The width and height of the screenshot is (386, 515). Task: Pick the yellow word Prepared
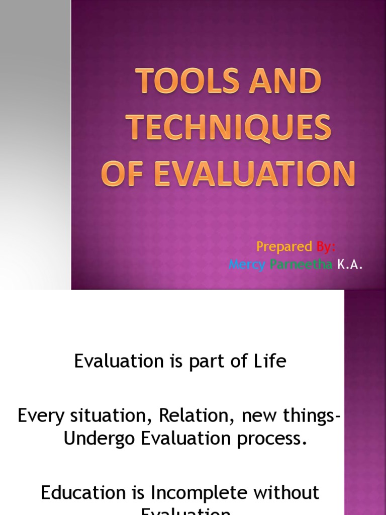click(284, 246)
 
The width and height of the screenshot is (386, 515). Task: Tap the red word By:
click(326, 246)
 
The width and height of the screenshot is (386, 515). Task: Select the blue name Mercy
click(247, 265)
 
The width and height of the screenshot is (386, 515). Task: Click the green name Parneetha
click(301, 265)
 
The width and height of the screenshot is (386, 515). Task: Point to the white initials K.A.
click(350, 265)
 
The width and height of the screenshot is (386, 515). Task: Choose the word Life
click(272, 362)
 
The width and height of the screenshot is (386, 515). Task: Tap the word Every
click(40, 416)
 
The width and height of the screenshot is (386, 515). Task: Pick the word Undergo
click(99, 439)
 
